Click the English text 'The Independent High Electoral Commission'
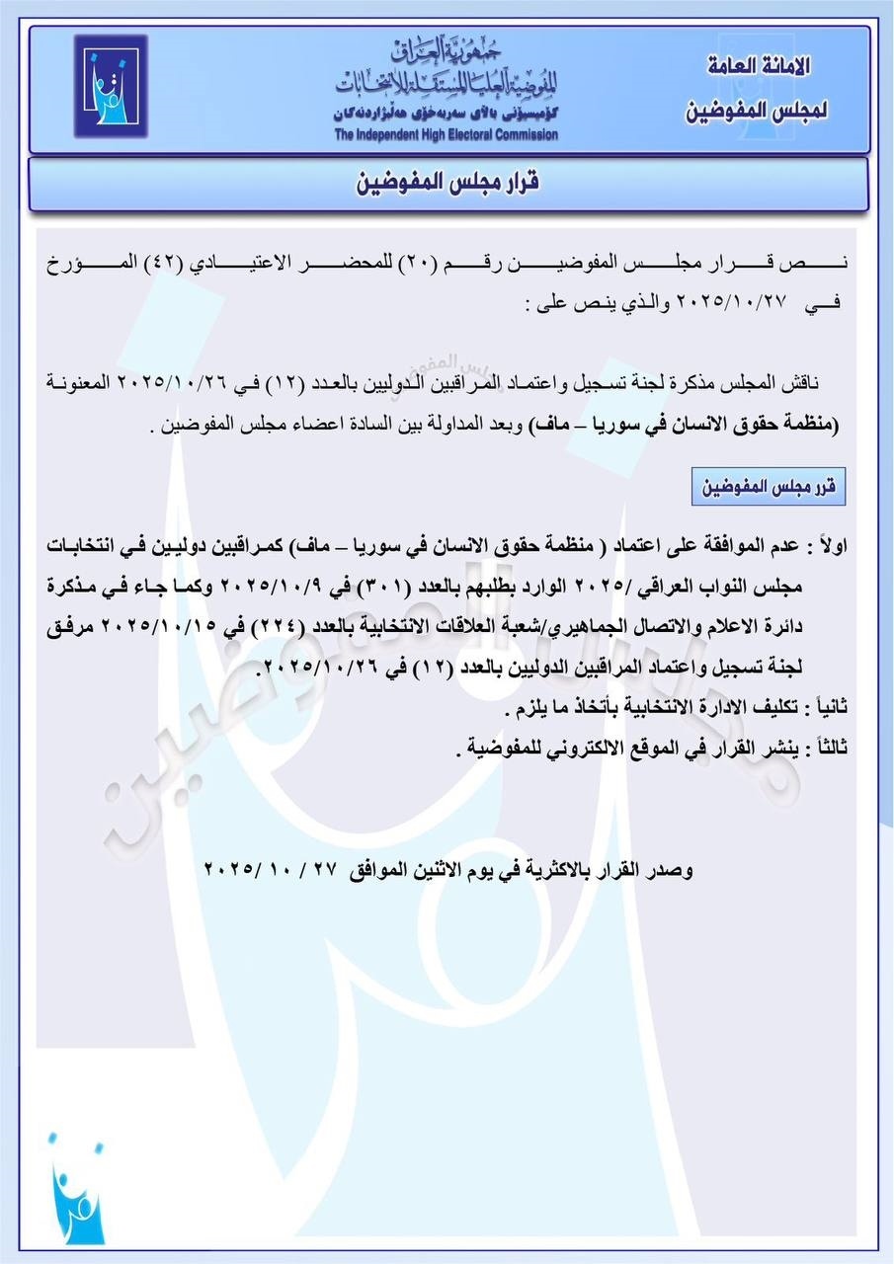click(x=446, y=135)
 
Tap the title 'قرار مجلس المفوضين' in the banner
click(x=447, y=183)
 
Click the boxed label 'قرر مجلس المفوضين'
click(x=769, y=487)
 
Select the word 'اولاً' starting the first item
click(x=815, y=545)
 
